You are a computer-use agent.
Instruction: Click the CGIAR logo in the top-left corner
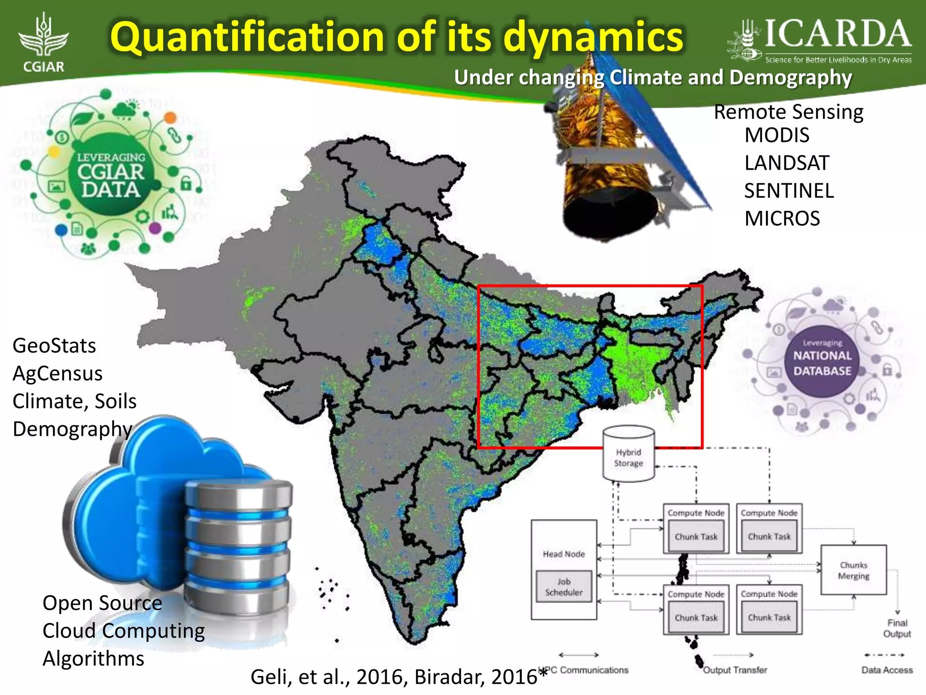(x=43, y=43)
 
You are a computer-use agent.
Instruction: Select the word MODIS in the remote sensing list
(x=777, y=135)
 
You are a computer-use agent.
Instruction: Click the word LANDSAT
(x=787, y=163)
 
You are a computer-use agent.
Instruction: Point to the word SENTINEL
(x=789, y=191)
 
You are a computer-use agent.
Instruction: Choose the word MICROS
(x=782, y=219)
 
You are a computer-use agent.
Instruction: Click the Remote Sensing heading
(x=789, y=112)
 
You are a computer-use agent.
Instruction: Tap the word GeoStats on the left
(x=54, y=346)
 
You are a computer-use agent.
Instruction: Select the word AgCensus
(x=57, y=374)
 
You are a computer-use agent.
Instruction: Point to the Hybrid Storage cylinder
(x=628, y=454)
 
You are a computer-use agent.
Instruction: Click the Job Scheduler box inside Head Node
(x=564, y=587)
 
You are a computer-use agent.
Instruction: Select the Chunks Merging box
(x=854, y=570)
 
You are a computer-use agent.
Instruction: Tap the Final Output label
(x=897, y=628)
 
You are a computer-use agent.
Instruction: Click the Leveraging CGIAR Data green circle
(x=111, y=174)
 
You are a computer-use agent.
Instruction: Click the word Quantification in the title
(x=247, y=37)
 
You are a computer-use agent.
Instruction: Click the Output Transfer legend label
(x=735, y=670)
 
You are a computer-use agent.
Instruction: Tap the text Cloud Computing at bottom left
(x=123, y=631)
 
